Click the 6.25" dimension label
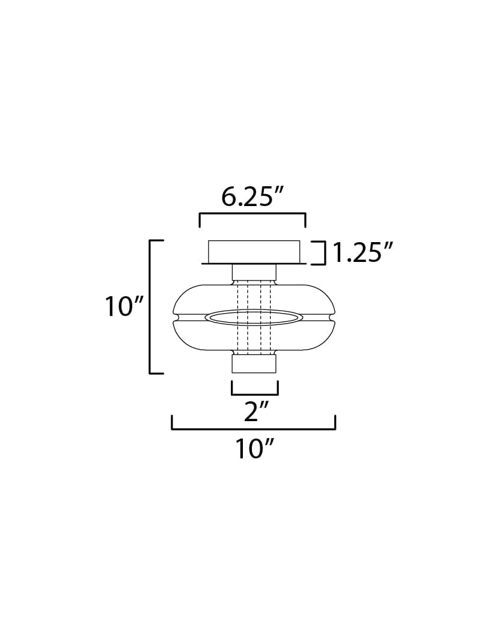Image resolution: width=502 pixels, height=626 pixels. click(252, 196)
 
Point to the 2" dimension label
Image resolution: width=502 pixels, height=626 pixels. click(254, 412)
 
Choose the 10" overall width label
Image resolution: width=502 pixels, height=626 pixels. click(254, 448)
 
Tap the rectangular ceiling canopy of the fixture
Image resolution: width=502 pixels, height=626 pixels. click(253, 251)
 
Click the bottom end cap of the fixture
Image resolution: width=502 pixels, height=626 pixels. click(254, 363)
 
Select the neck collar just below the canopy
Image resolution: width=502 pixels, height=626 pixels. click(254, 273)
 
